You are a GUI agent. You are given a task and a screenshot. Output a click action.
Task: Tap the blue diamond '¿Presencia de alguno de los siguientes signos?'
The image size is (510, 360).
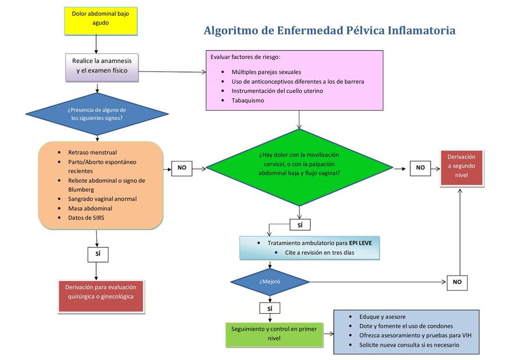(97, 114)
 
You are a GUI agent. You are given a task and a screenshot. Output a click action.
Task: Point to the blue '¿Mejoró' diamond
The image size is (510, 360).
(270, 281)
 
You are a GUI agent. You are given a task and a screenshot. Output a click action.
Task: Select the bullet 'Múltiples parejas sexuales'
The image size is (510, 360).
(266, 72)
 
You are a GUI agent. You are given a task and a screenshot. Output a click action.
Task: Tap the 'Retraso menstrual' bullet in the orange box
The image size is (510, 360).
(92, 152)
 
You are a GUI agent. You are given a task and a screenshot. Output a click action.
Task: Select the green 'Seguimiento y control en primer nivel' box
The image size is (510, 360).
(266, 334)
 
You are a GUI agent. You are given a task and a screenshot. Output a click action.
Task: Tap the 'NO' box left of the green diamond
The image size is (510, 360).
(182, 168)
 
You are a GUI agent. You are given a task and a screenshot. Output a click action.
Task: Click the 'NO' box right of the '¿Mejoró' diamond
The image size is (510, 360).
(457, 282)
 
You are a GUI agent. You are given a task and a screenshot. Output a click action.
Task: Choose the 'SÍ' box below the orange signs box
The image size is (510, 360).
(97, 254)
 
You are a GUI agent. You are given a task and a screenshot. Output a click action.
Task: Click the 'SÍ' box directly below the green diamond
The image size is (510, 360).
(299, 225)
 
